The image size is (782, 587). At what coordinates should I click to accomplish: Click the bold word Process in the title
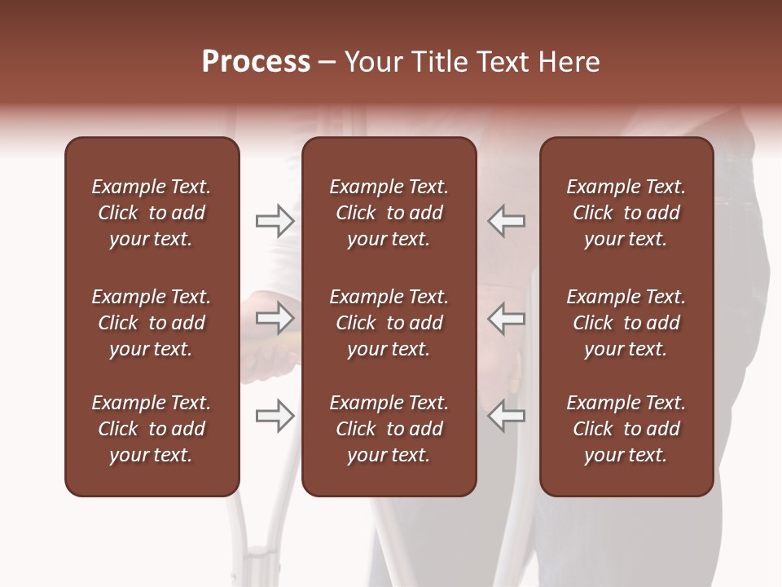coord(256,62)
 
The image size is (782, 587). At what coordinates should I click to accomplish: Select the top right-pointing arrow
coord(275,221)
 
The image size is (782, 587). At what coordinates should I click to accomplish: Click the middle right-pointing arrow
coord(275,318)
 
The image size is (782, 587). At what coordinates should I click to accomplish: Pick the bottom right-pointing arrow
coord(275,416)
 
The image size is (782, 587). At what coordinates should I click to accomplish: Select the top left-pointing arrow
coord(506,221)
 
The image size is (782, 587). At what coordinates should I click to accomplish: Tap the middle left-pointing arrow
coord(506,318)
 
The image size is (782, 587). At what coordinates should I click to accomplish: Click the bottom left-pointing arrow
coord(506,416)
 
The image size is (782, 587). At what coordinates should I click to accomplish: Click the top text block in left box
coord(152,213)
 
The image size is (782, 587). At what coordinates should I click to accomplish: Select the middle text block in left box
coord(152,323)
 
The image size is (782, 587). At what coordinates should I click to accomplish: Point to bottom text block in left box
coord(152,429)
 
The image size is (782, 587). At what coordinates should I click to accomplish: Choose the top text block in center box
coord(389,213)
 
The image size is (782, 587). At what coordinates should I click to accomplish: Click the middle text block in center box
coord(389,323)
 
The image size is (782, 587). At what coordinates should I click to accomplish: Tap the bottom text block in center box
coord(389,429)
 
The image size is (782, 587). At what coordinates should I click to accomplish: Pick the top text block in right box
coord(626,213)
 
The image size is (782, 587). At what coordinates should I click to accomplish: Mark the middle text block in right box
coord(626,323)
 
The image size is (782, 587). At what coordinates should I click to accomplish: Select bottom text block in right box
coord(626,429)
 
